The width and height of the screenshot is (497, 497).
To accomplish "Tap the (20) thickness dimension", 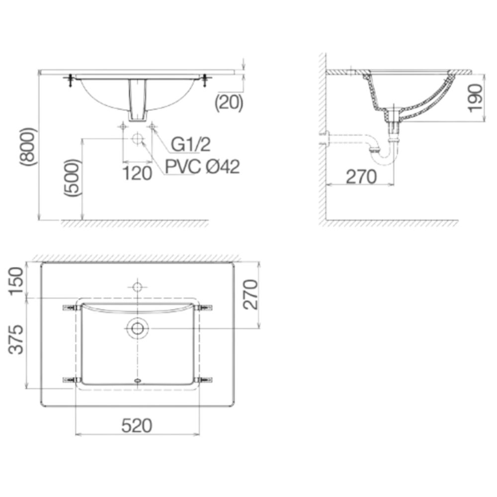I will (229, 102).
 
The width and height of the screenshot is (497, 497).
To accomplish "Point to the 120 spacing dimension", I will (138, 173).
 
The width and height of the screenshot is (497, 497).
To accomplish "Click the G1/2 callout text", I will (191, 145).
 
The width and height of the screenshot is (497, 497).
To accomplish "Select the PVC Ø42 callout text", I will (202, 167).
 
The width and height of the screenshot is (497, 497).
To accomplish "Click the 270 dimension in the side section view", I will (361, 176).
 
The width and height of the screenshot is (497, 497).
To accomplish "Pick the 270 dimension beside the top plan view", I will (251, 294).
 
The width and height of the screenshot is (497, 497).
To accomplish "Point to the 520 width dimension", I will (136, 425).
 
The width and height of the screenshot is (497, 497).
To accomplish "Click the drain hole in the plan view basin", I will (137, 329).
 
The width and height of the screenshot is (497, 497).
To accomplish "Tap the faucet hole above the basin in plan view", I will (137, 287).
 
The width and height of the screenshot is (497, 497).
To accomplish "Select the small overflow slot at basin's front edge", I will (137, 382).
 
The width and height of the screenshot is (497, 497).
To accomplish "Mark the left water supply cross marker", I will (123, 127).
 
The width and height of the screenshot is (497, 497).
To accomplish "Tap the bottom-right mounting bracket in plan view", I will (204, 381).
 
